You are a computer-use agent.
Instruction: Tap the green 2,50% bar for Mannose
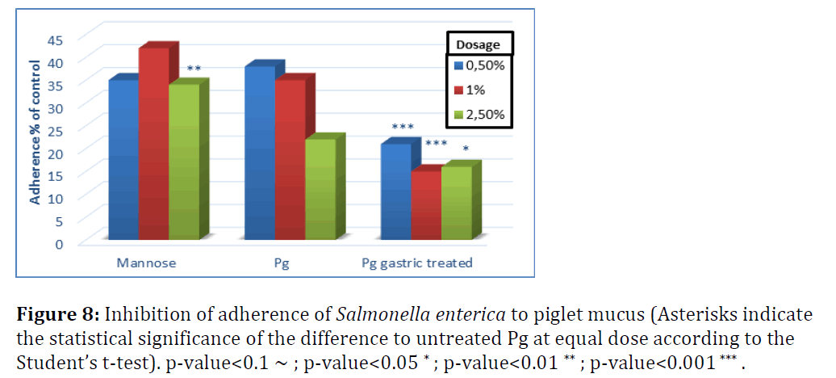click(184, 162)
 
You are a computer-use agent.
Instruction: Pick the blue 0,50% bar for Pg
click(259, 153)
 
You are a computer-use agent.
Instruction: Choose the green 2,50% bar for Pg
click(320, 189)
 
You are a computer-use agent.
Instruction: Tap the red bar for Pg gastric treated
click(425, 205)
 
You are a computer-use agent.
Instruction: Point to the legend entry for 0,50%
click(483, 65)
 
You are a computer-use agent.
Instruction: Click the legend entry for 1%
click(475, 90)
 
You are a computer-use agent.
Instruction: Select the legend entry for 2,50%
click(483, 115)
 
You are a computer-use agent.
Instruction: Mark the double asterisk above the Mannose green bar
click(194, 69)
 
